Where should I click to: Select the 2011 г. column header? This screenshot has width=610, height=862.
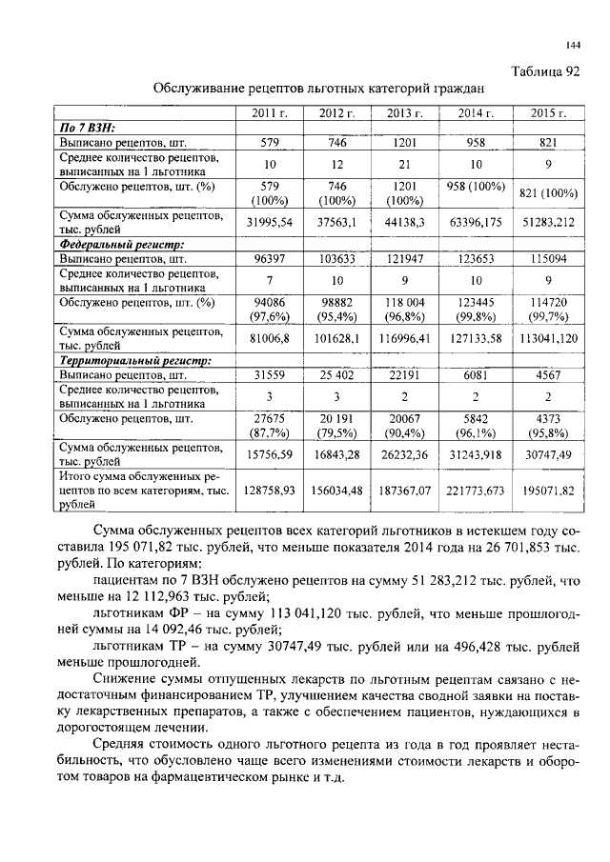point(269,113)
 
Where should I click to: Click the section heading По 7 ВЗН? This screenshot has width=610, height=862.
point(88,127)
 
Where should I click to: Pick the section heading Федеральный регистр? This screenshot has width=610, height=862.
point(122,245)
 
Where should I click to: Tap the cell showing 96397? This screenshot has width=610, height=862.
point(269,258)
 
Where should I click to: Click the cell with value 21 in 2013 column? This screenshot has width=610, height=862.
point(408,164)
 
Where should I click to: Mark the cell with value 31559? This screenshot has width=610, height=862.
point(269,375)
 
